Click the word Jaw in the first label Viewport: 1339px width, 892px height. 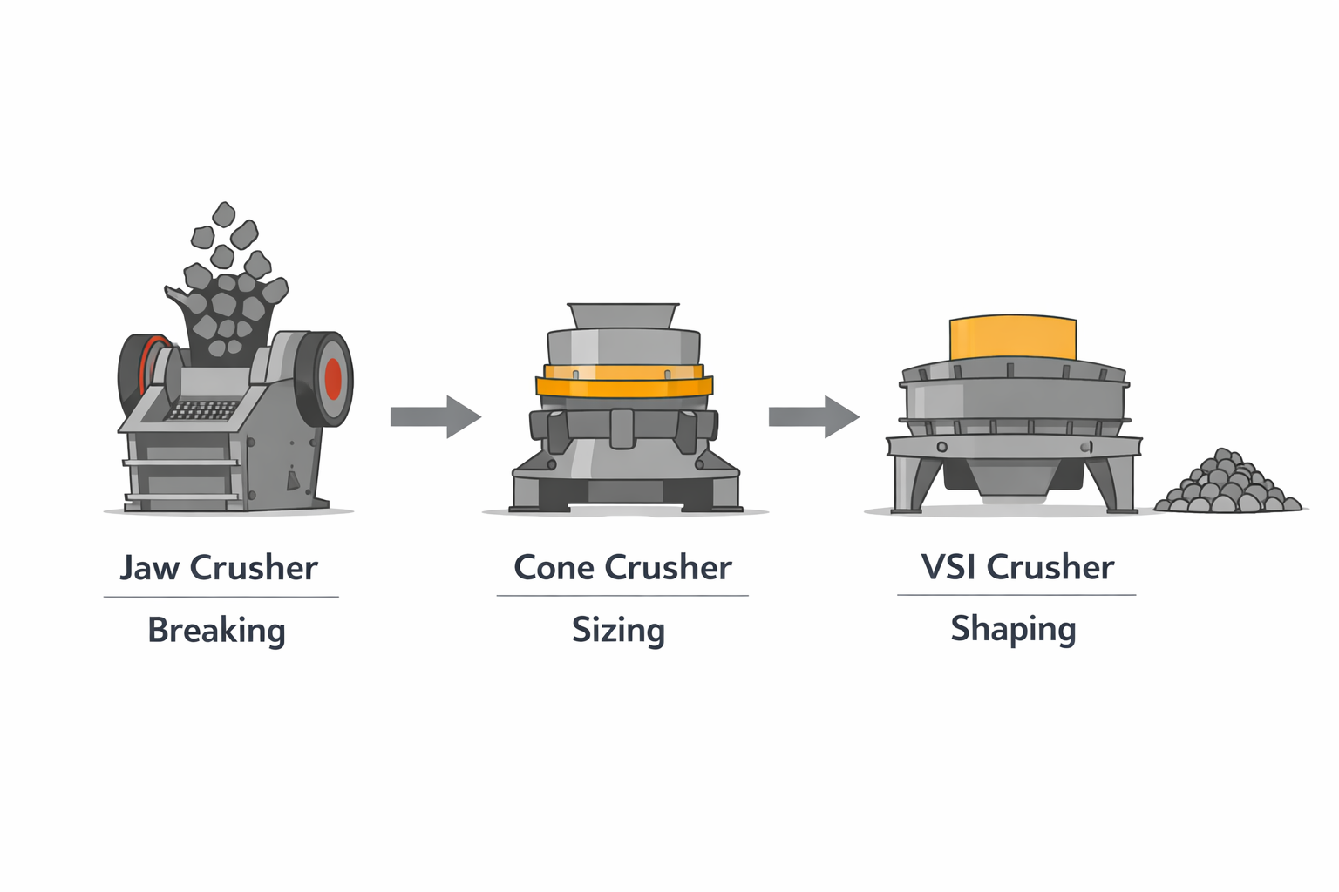pos(149,568)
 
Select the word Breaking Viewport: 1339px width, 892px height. pos(216,630)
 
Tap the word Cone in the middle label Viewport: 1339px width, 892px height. pos(554,568)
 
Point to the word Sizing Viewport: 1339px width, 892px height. pos(618,630)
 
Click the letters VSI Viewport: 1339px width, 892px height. pos(948,567)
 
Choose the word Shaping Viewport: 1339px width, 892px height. pos(1013,629)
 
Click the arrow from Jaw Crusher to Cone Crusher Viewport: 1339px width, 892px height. pos(435,416)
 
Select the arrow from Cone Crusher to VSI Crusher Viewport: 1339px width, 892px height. pos(813,416)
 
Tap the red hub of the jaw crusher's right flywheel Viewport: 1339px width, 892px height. pos(333,379)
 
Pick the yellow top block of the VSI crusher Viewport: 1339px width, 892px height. pos(1012,339)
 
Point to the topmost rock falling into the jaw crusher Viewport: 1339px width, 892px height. pos(224,214)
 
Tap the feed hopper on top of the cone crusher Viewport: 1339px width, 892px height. pos(622,315)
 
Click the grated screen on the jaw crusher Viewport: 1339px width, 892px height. pos(202,410)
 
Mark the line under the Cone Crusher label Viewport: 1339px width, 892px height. pos(622,596)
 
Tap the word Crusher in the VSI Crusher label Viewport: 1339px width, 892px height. pos(1050,567)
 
